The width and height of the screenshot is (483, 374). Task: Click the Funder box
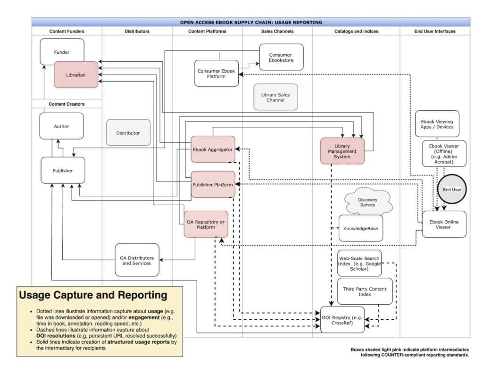pyautogui.click(x=62, y=51)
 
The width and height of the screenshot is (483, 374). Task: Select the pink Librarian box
pyautogui.click(x=76, y=75)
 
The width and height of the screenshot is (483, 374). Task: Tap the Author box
pyautogui.click(x=61, y=126)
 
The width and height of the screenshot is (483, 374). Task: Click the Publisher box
pyautogui.click(x=63, y=170)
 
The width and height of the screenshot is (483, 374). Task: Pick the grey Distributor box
pyautogui.click(x=128, y=133)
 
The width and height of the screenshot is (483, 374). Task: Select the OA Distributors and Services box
pyautogui.click(x=137, y=260)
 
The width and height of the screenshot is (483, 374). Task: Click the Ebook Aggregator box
pyautogui.click(x=213, y=149)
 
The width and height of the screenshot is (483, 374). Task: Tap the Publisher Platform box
pyautogui.click(x=213, y=184)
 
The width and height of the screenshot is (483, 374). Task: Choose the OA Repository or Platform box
pyautogui.click(x=206, y=224)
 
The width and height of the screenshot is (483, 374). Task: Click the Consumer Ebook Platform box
pyautogui.click(x=216, y=74)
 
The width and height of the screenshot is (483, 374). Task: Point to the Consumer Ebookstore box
pyautogui.click(x=281, y=57)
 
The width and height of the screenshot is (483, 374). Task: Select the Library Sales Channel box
pyautogui.click(x=275, y=97)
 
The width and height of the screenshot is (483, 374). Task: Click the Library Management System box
pyautogui.click(x=342, y=151)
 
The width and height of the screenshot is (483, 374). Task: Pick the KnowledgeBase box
pyautogui.click(x=361, y=228)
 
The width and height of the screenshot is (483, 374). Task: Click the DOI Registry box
pyautogui.click(x=342, y=319)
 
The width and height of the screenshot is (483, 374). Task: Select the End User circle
pyautogui.click(x=452, y=189)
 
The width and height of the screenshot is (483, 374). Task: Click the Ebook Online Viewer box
pyautogui.click(x=443, y=224)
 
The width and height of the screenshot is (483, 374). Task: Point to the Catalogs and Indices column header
pyautogui.click(x=356, y=31)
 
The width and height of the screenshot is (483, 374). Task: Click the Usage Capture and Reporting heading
pyautogui.click(x=93, y=295)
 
